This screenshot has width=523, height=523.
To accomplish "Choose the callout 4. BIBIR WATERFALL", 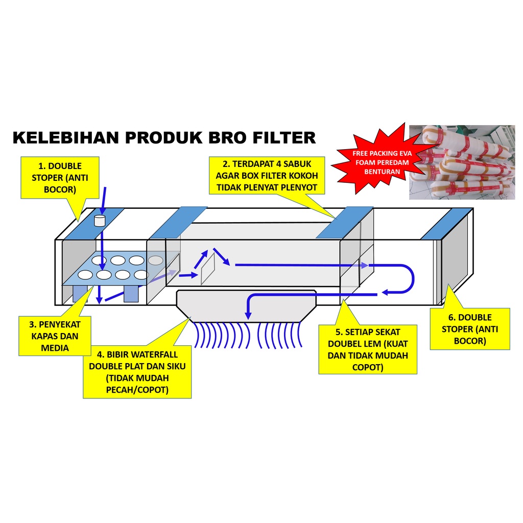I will coord(137,372).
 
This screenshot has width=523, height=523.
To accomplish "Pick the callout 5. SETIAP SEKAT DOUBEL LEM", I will coord(367,349).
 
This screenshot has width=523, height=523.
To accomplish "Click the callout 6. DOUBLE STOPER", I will coord(470,329).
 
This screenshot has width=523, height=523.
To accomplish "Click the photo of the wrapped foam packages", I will coord(461,162).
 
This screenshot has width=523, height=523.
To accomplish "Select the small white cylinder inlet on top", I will coord(100,220).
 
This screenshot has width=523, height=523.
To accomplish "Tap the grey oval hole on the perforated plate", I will coord(156,260).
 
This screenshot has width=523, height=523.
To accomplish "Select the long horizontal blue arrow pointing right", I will coord(301,265).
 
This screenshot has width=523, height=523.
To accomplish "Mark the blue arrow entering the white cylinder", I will coord(103,200).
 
